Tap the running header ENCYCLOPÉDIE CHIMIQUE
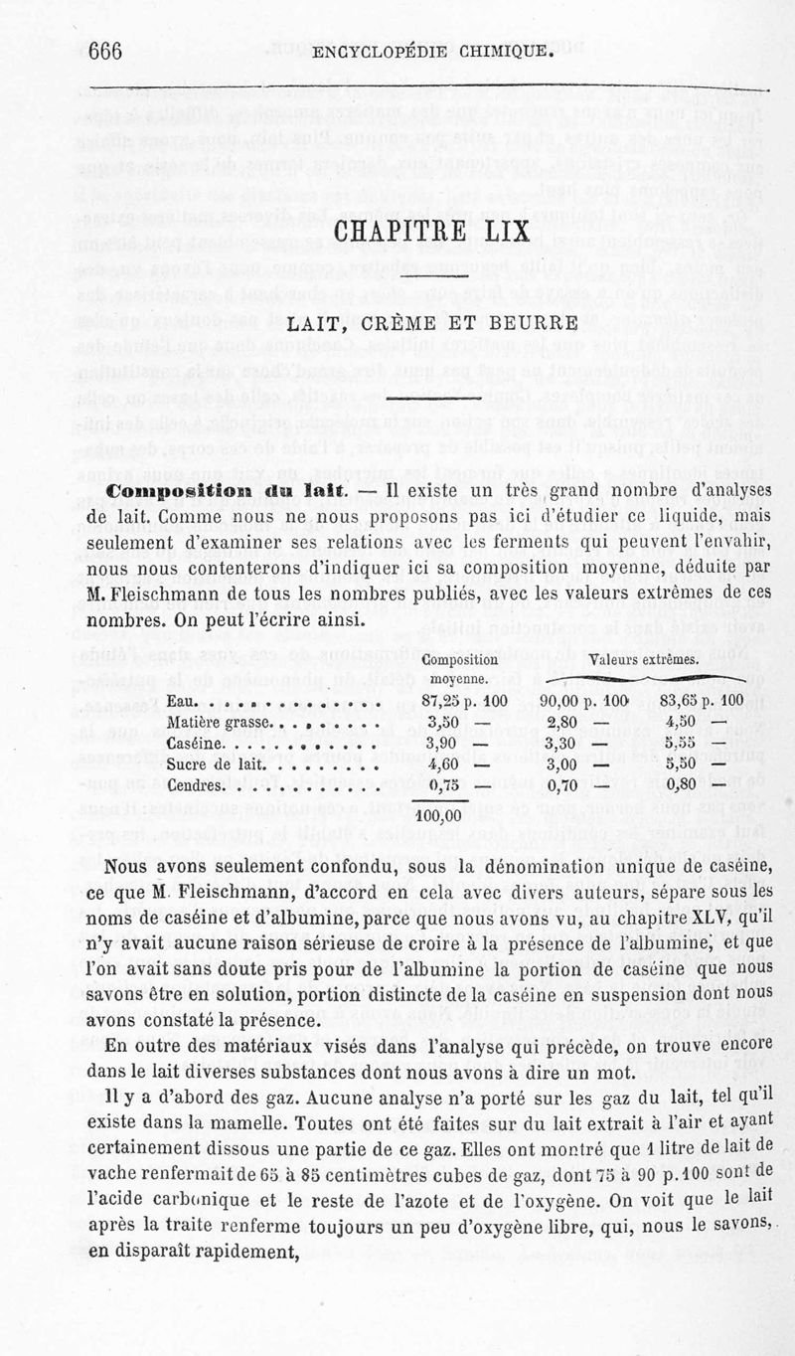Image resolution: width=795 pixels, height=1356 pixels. pos(431,52)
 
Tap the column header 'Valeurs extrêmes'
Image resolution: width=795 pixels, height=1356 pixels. pos(643,660)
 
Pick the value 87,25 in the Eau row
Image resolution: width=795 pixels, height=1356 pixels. pos(445,702)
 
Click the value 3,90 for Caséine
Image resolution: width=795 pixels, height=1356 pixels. pos(440,745)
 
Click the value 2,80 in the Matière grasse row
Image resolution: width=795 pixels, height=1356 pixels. pos(562,723)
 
